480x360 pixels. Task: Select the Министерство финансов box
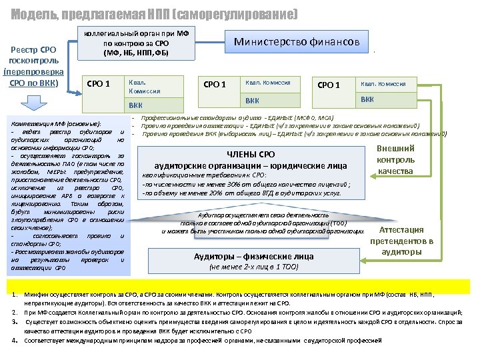point(297,43)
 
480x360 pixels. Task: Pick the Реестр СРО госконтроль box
point(33,67)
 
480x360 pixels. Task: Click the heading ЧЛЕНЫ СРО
point(251,155)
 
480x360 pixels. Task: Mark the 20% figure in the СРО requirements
point(220,193)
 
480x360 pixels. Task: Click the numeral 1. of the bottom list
point(15,295)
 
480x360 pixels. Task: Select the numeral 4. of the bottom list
point(15,340)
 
